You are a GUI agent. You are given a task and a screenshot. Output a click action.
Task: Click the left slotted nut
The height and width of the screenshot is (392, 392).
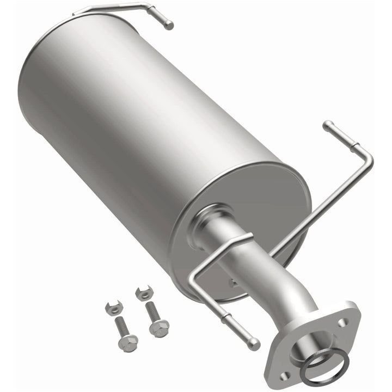(112, 308)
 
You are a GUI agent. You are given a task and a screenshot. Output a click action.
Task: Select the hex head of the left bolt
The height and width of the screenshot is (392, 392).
(130, 342)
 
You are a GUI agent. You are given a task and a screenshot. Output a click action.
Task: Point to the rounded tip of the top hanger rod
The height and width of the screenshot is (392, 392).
(169, 25)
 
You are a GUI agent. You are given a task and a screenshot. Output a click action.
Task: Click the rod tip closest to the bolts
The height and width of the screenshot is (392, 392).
(254, 345)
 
